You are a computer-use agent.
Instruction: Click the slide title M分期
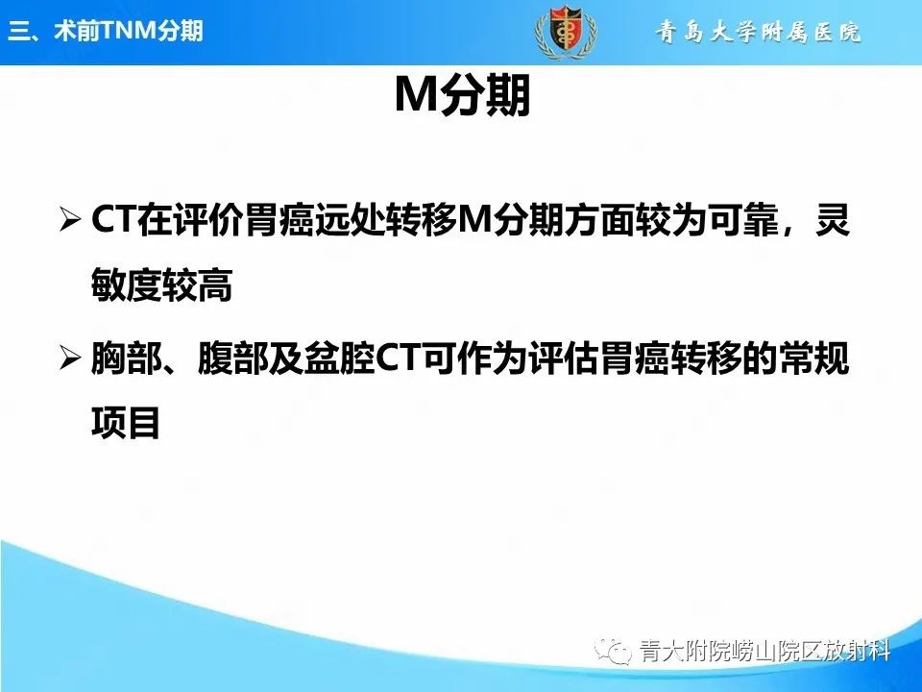[x=462, y=98]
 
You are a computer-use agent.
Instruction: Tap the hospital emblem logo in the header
[x=565, y=32]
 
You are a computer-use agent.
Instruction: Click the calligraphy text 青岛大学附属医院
[x=758, y=32]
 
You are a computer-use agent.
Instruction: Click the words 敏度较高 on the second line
[x=161, y=285]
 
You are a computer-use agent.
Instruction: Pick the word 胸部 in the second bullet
[x=126, y=358]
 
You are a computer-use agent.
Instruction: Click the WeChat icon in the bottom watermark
[x=615, y=653]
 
